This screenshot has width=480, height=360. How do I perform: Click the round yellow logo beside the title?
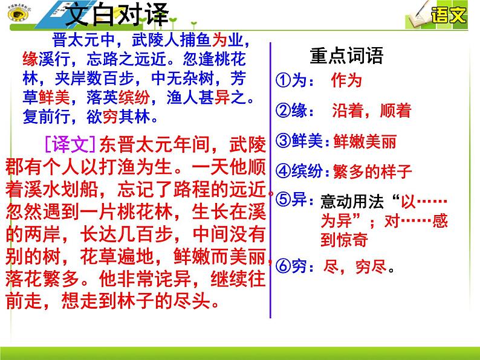point(12,13)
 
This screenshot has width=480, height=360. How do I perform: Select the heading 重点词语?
point(346,56)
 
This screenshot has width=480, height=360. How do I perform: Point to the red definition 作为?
point(346,81)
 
